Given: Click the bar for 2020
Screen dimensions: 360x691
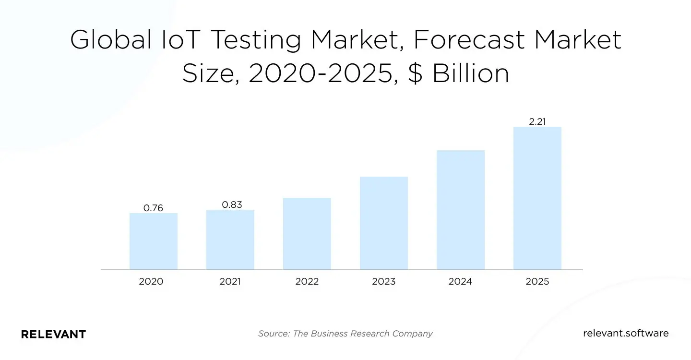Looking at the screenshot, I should click(x=154, y=241).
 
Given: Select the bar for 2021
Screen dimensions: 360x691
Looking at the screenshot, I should click(x=230, y=240).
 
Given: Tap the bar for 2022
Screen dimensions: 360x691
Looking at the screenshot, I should click(x=307, y=234).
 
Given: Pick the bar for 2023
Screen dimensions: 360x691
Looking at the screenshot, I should click(x=384, y=223).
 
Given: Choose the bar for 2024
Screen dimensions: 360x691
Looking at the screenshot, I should click(x=461, y=210).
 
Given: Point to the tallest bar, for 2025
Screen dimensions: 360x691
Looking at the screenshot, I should click(x=537, y=198).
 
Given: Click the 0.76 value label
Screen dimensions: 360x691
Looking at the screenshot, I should click(x=154, y=208).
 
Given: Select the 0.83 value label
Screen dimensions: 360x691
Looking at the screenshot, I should click(x=232, y=204).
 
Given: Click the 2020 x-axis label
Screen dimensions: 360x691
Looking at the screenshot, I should click(x=151, y=282).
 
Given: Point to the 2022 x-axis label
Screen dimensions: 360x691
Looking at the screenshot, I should click(x=307, y=282).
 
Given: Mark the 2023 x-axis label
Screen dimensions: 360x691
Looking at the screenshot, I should click(x=384, y=282).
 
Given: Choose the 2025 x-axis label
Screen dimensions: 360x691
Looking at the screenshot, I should click(x=537, y=282).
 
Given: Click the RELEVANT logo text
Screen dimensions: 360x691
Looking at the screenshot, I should click(x=53, y=334).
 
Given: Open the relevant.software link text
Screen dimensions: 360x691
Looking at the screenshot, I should click(x=626, y=333).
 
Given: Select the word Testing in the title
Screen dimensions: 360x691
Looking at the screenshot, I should click(x=256, y=40).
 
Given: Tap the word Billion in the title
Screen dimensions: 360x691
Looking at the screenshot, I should click(x=470, y=74).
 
